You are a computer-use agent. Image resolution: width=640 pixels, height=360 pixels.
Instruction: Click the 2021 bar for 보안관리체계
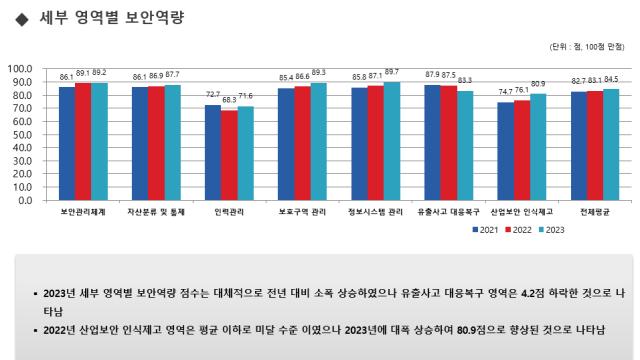tap(67, 143)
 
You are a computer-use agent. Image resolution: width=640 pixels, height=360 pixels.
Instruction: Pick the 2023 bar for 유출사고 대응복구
tap(465, 145)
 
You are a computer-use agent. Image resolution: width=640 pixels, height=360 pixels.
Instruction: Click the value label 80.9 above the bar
tap(538, 84)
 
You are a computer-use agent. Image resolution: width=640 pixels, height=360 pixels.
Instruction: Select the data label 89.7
tap(392, 72)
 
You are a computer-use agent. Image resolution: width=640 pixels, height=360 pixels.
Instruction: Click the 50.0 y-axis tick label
tap(23, 135)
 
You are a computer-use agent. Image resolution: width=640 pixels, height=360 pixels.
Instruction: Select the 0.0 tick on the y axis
tap(26, 200)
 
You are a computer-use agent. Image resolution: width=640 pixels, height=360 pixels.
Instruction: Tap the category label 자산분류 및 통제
tap(155, 212)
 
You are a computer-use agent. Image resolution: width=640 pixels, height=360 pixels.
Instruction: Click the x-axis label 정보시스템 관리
tap(375, 212)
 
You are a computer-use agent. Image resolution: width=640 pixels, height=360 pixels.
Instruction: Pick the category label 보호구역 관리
tap(302, 212)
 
